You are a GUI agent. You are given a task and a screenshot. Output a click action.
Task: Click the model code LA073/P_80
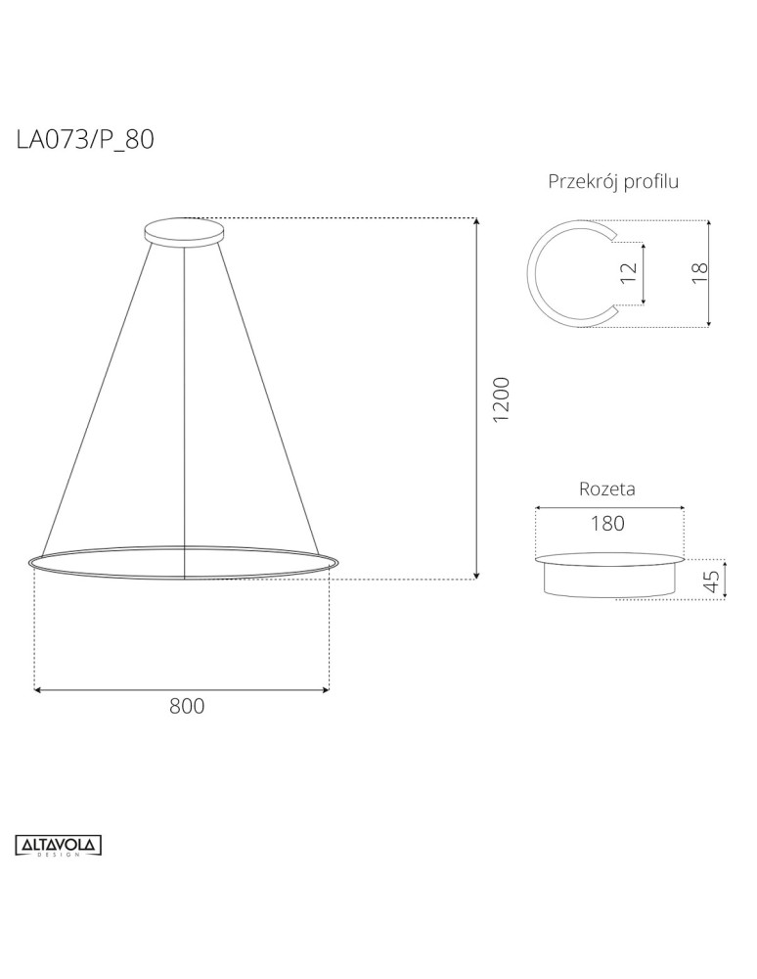[85, 140]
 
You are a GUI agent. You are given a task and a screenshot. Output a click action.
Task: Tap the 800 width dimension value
[186, 707]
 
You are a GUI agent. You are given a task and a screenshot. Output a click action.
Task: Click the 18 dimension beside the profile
[698, 273]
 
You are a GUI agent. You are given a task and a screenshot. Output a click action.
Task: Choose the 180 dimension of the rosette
[607, 523]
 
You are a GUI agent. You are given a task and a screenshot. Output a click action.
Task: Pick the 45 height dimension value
[712, 582]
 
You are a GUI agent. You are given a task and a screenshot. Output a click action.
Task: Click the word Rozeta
[607, 489]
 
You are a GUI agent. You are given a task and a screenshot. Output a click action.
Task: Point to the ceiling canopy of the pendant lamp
[184, 232]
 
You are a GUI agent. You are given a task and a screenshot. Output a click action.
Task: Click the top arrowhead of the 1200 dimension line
[476, 222]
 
